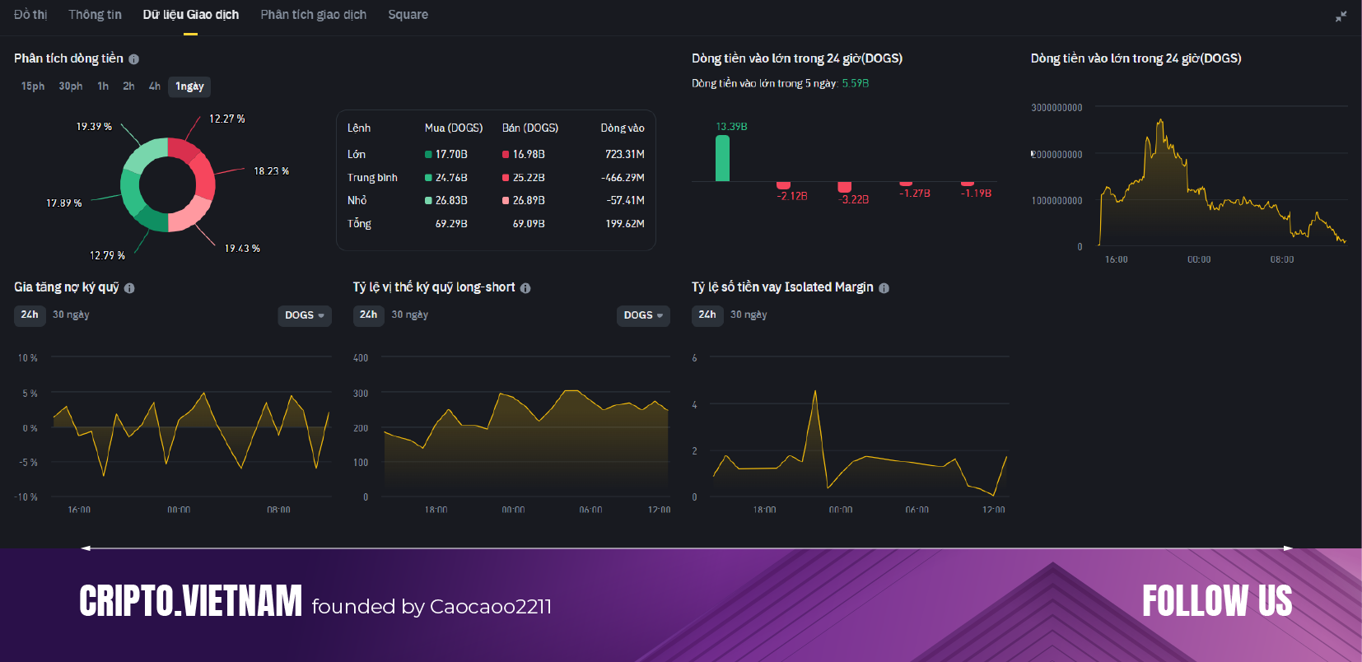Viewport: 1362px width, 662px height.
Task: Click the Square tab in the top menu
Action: tap(408, 15)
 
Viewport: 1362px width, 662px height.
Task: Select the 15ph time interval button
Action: tap(33, 86)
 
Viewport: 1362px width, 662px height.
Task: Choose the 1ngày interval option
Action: tap(189, 86)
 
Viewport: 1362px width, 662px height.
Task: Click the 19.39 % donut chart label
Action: tap(94, 127)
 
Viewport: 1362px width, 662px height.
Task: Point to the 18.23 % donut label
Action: tap(271, 171)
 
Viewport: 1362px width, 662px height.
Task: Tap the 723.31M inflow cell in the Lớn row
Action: tap(624, 154)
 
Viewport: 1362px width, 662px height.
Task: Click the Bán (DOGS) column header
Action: tap(529, 128)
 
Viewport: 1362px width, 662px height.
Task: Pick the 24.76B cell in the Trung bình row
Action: tap(450, 177)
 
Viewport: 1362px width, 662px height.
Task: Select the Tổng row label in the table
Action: tap(359, 223)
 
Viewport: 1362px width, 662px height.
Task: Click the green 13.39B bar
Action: tap(722, 158)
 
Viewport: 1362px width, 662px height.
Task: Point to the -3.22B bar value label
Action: tap(853, 199)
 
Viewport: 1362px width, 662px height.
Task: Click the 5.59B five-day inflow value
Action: tap(855, 83)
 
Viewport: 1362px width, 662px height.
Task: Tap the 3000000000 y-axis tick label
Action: tap(1056, 108)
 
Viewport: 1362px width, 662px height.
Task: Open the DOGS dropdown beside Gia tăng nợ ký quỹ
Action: tap(304, 315)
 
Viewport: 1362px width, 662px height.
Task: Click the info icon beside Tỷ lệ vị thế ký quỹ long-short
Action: tap(525, 288)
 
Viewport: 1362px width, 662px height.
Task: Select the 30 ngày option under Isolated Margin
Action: tap(748, 315)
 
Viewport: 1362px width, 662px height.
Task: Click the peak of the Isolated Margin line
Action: tap(815, 392)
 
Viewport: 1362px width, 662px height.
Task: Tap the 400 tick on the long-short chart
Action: tap(361, 358)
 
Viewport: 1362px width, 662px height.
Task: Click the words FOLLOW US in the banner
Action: tap(1216, 601)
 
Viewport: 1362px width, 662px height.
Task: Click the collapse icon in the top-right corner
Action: tap(1341, 16)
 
